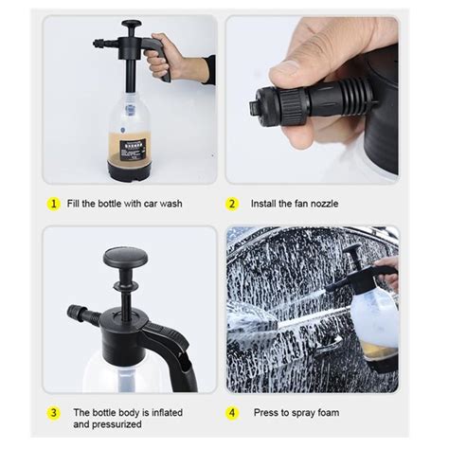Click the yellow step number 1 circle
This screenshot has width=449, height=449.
click(x=53, y=204)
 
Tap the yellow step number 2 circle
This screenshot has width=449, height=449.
click(x=232, y=204)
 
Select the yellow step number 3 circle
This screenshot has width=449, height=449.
click(x=53, y=413)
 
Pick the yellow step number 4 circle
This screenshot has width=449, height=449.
click(x=232, y=413)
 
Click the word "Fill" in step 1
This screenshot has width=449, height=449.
click(x=73, y=204)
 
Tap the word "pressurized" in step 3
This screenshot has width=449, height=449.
click(x=121, y=424)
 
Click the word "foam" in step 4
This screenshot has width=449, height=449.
click(x=329, y=413)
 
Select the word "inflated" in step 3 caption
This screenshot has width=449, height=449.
click(x=167, y=413)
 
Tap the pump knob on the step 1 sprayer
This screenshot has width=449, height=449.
click(x=132, y=24)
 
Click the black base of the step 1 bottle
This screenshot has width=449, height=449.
click(x=129, y=171)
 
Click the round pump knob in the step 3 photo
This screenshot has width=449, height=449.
click(x=125, y=256)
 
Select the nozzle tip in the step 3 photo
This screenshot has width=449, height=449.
click(x=73, y=313)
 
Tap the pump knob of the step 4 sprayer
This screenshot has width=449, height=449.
click(x=352, y=248)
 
